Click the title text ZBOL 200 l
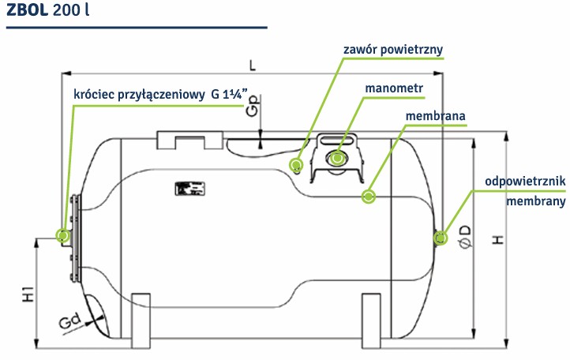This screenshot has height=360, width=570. click(47, 9)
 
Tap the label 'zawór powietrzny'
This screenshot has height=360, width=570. click(393, 50)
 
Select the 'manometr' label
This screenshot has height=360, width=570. click(394, 88)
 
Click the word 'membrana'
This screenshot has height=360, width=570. click(435, 116)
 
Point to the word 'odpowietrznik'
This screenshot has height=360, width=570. click(525, 181)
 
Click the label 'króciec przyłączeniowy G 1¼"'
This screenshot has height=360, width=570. click(160, 95)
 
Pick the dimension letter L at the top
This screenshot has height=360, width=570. click(253, 66)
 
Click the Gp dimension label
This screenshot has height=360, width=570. click(253, 106)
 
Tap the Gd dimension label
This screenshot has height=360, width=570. click(70, 321)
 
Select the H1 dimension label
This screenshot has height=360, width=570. click(28, 294)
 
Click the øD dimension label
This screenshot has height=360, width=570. click(466, 237)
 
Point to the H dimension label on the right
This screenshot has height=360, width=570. click(498, 240)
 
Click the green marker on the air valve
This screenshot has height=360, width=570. click(296, 165)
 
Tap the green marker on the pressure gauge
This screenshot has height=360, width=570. click(337, 158)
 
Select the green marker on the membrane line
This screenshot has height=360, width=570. click(369, 197)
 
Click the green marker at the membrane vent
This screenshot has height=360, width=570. click(441, 238)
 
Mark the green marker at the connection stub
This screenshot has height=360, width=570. click(63, 235)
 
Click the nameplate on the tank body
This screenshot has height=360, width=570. click(189, 189)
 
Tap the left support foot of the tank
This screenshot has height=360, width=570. click(141, 321)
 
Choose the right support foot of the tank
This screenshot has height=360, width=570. click(371, 321)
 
